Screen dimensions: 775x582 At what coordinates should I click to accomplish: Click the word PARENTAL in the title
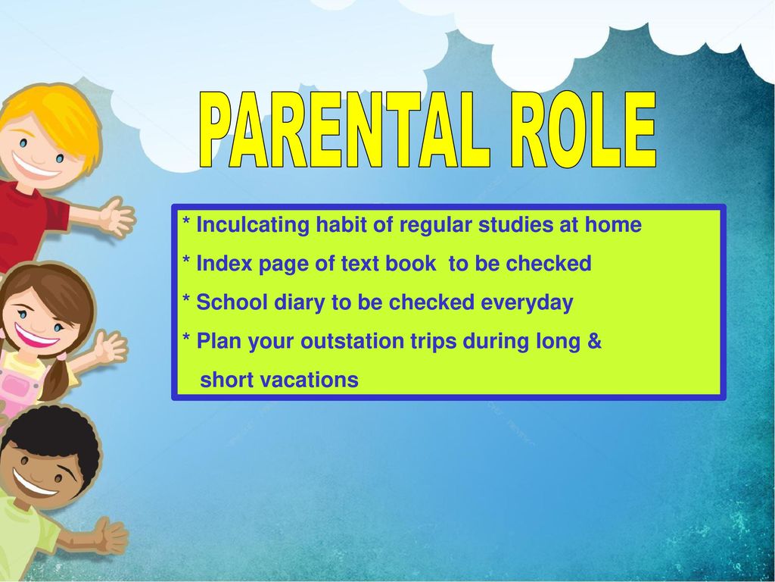coord(345,130)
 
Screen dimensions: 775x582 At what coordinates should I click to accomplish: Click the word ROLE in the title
coord(584,130)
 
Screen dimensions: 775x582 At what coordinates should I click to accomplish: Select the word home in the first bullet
coord(613,224)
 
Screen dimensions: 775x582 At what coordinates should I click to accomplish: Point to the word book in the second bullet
coord(411,263)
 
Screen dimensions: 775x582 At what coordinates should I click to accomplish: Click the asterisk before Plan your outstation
coord(186,338)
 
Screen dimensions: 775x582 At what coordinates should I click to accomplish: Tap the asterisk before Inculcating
coord(186,221)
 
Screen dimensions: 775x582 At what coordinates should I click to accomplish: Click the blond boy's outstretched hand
coord(117,216)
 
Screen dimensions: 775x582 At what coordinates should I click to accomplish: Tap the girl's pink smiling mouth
coord(35,336)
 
